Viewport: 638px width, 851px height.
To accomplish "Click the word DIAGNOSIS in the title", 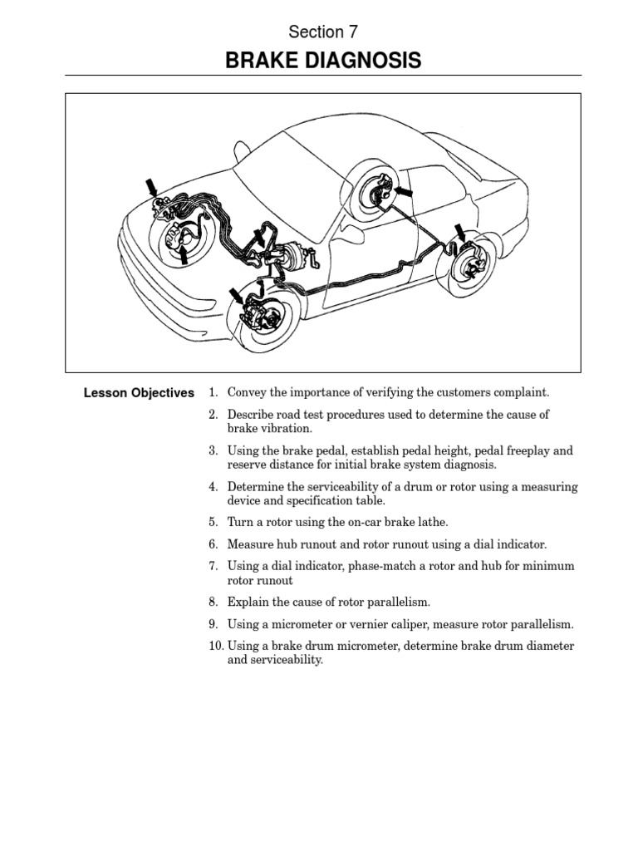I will pos(364,61).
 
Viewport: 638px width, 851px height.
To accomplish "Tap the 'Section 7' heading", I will pos(323,32).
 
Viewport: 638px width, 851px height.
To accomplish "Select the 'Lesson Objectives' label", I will pos(139,393).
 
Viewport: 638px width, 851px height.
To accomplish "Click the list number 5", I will pos(213,523).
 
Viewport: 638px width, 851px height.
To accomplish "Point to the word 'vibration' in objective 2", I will pos(286,429).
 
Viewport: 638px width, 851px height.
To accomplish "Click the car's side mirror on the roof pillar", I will pos(241,152).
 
